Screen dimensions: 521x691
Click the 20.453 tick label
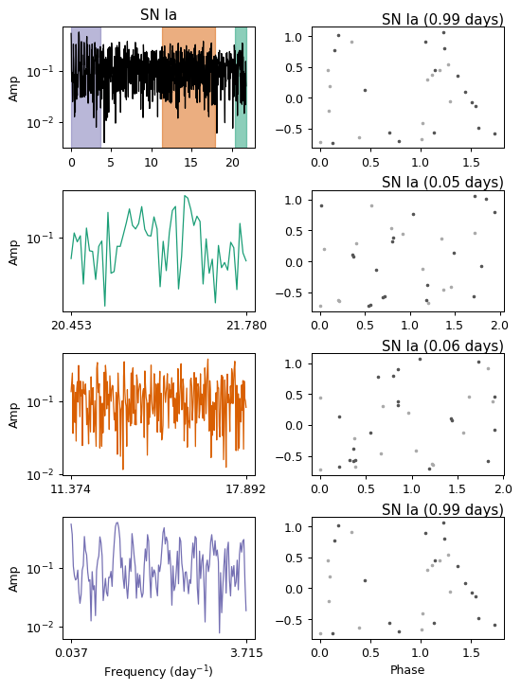(71, 326)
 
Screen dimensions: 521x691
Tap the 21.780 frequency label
(246, 326)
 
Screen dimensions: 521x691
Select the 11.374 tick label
(71, 489)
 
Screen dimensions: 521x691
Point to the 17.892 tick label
(245, 489)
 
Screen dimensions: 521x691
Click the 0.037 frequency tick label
(71, 652)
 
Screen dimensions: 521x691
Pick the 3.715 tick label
(246, 652)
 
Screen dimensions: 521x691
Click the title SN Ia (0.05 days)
(442, 182)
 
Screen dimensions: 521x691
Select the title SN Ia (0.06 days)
(442, 345)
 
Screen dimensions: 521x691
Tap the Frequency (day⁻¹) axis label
(158, 671)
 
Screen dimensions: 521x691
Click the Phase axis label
(407, 670)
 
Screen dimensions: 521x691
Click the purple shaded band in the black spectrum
(86, 87)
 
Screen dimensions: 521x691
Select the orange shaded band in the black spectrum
(189, 87)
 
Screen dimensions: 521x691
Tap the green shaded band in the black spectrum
(241, 87)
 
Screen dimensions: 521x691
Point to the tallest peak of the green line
(185, 196)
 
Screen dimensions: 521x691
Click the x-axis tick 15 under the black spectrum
(190, 163)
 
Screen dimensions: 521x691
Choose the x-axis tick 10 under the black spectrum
(151, 163)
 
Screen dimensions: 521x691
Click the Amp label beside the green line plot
(13, 253)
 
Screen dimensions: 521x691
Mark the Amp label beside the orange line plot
(13, 416)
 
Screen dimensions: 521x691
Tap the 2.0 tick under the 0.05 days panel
(500, 326)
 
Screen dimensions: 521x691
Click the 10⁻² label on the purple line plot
(40, 627)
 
